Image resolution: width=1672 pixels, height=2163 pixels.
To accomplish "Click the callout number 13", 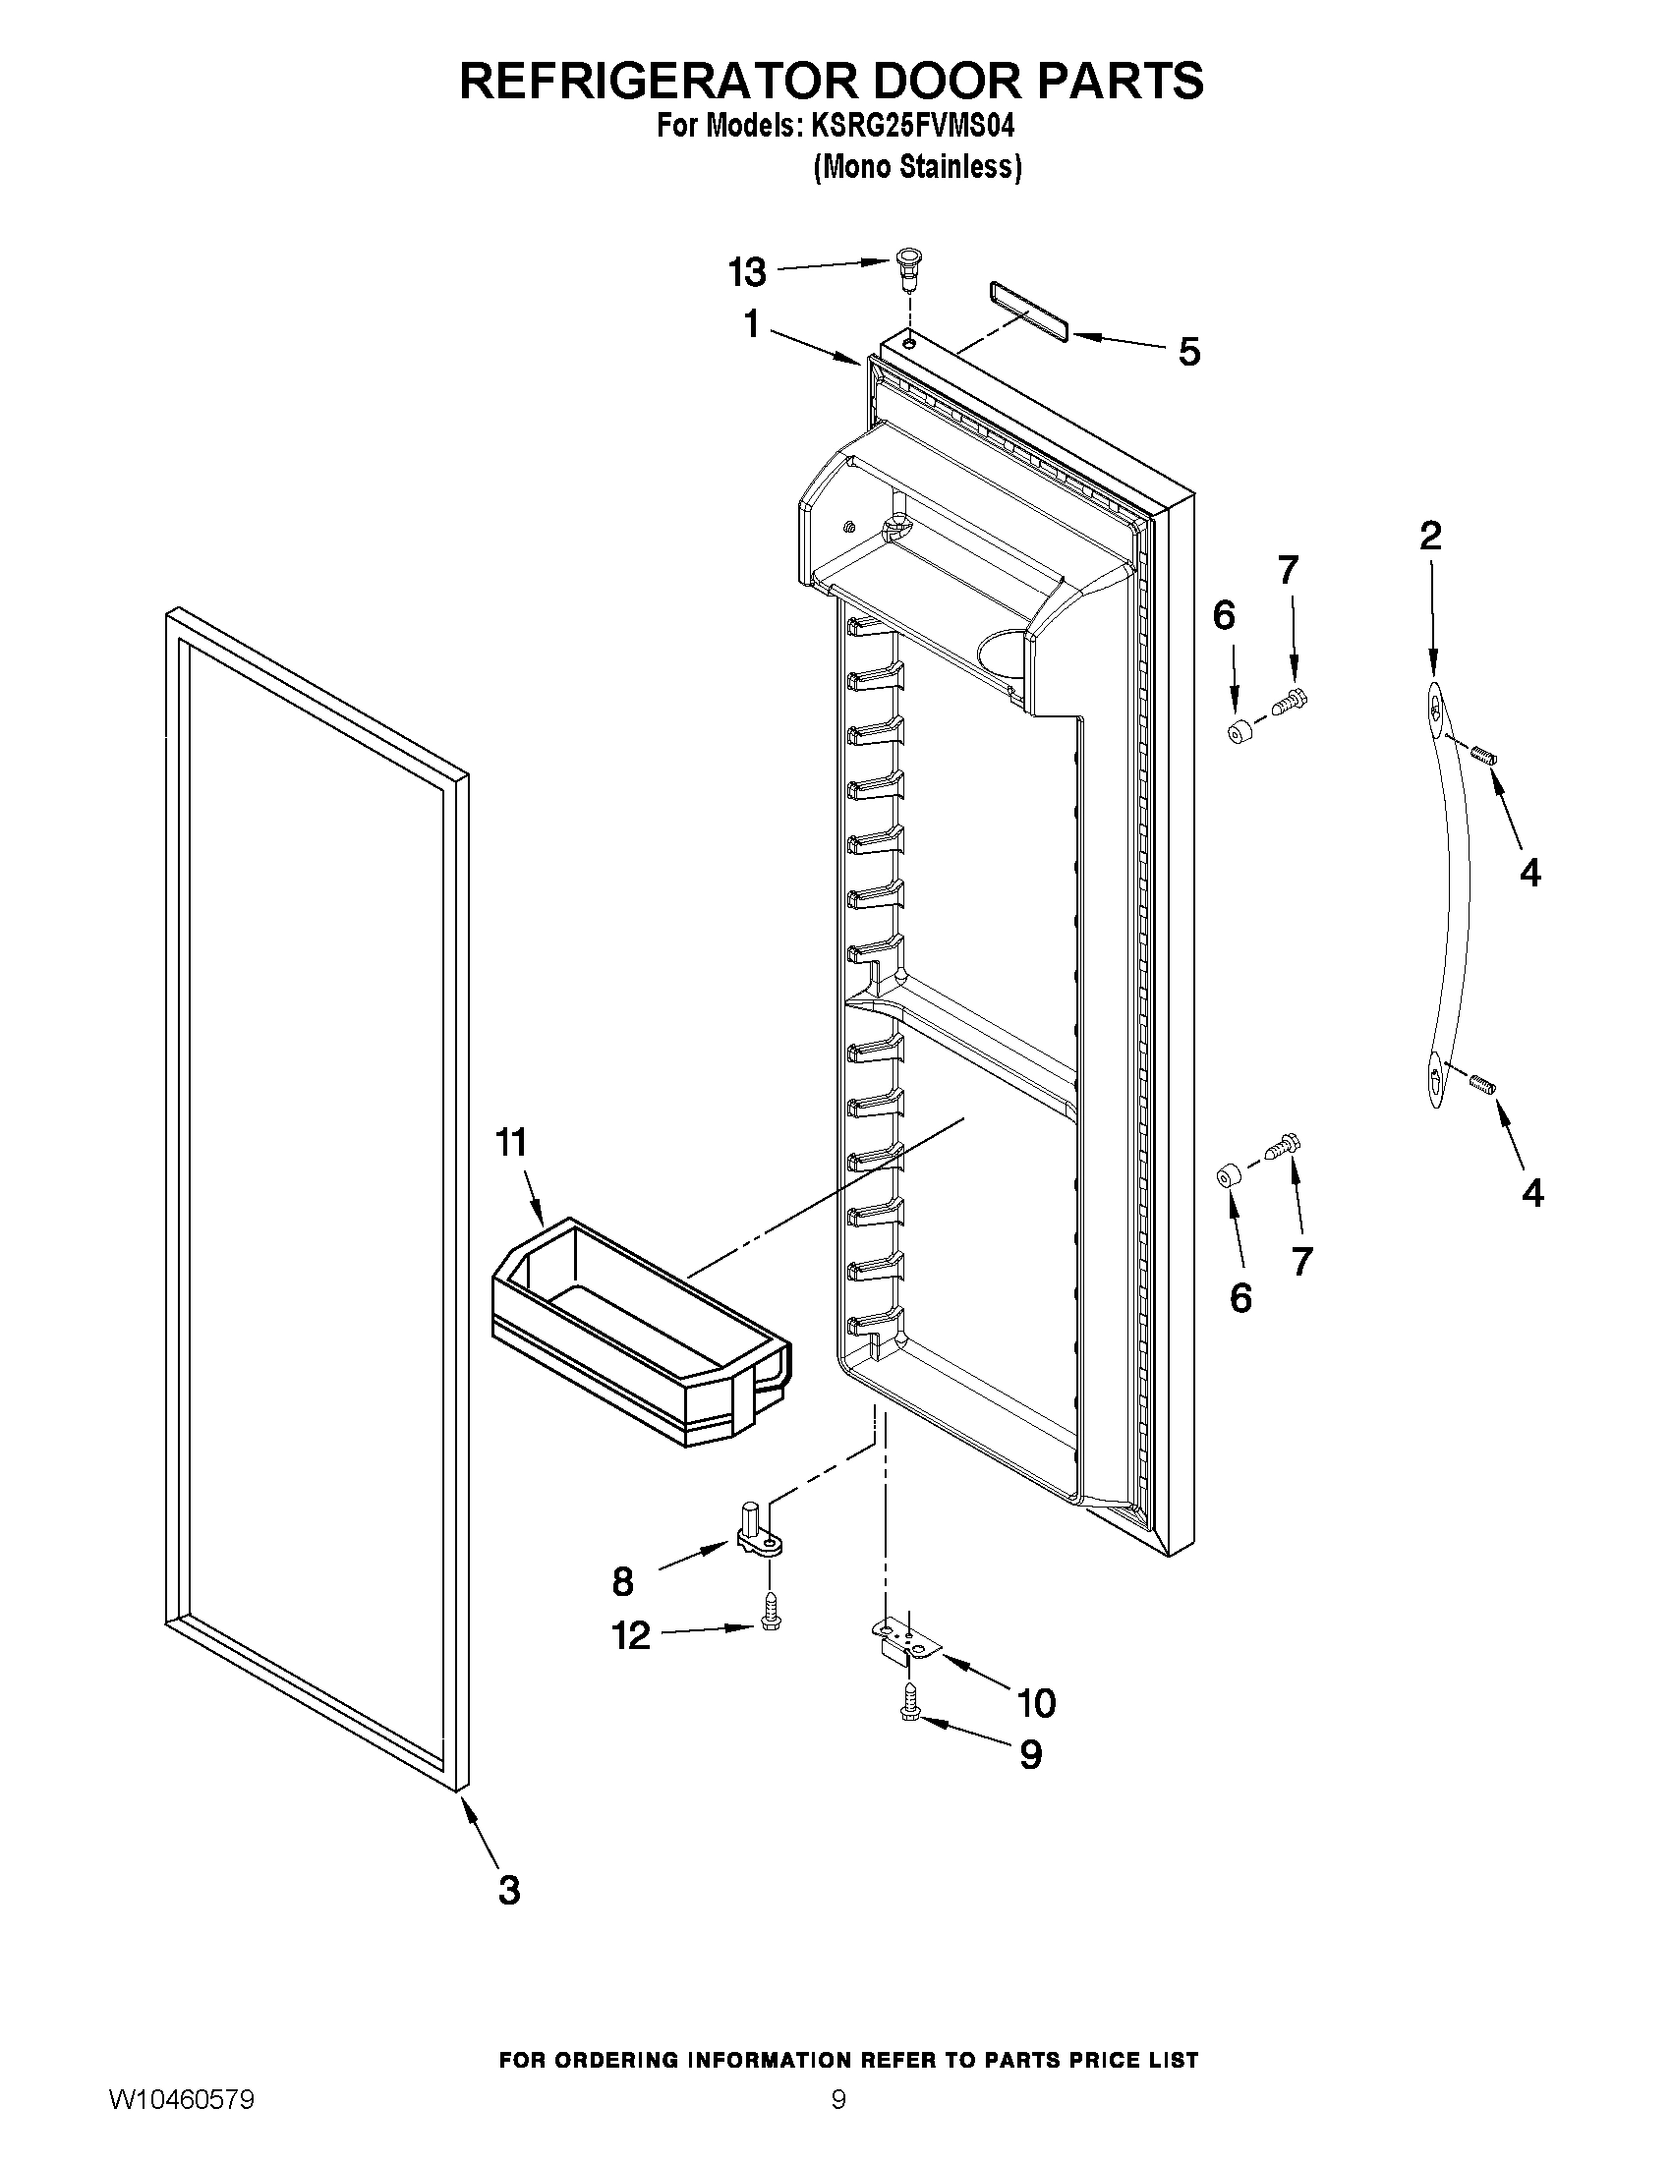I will click(747, 271).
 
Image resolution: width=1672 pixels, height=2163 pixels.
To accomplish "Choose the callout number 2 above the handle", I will click(1430, 536).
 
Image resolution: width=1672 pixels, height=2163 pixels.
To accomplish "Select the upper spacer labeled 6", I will click(1239, 735).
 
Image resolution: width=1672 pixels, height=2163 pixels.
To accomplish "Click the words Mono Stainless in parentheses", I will click(917, 167).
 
